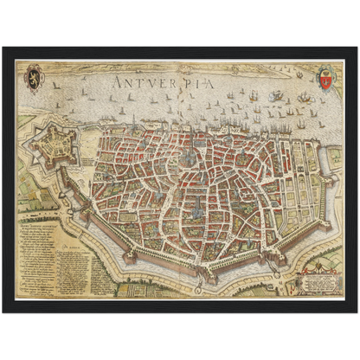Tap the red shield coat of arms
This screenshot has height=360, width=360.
tap(325, 79)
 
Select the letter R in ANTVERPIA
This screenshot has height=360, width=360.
tap(172, 83)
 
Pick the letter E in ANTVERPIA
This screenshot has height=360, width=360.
tap(160, 83)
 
